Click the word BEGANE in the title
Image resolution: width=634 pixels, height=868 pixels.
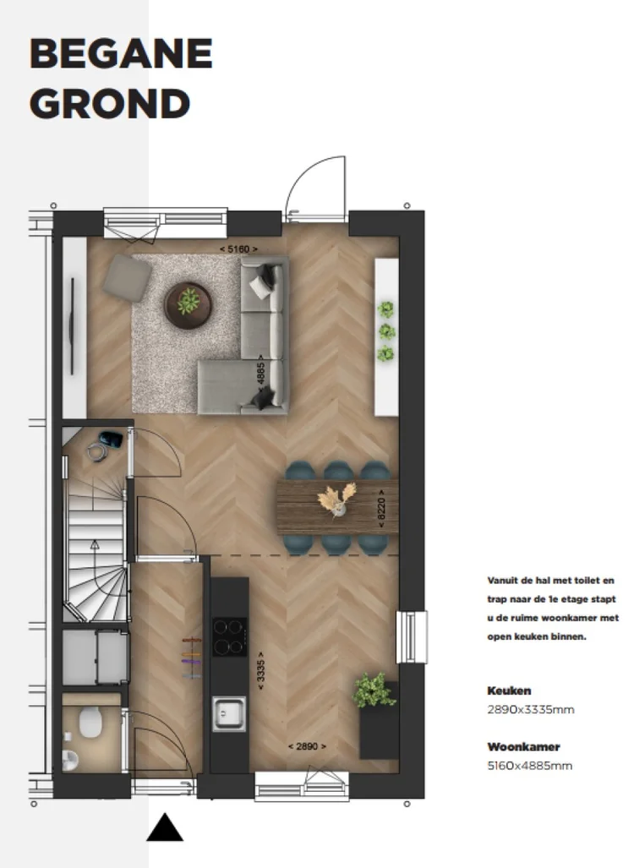click(x=120, y=55)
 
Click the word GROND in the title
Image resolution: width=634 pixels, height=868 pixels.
click(x=109, y=104)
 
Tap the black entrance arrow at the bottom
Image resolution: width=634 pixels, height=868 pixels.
click(x=165, y=827)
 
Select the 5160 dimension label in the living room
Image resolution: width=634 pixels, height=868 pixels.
click(x=238, y=249)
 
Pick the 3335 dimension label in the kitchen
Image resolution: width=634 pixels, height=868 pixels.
click(x=261, y=671)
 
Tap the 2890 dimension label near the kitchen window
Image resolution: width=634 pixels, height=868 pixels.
click(x=307, y=746)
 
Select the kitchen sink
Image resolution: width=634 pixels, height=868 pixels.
click(x=228, y=714)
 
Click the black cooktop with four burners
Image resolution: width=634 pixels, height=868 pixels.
click(x=228, y=637)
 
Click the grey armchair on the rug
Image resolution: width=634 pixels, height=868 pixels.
click(x=127, y=276)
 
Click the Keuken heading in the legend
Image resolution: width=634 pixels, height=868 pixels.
click(x=509, y=691)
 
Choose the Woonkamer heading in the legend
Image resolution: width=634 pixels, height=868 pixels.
click(x=523, y=747)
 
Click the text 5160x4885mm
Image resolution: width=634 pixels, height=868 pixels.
click(x=529, y=766)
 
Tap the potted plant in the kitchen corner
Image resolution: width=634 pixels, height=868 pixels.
click(x=374, y=691)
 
